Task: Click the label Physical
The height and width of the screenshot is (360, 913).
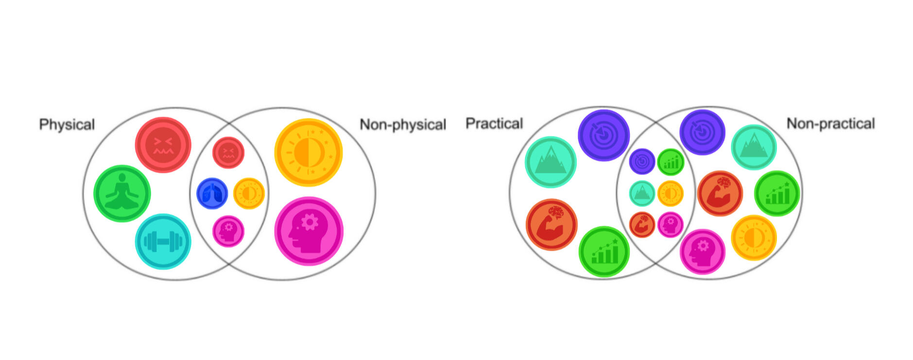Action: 67,125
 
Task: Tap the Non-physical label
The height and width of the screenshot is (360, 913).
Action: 403,125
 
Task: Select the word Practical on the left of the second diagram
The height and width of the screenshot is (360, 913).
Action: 494,124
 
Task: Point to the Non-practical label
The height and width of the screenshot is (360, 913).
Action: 830,124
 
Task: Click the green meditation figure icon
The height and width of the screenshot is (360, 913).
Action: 122,193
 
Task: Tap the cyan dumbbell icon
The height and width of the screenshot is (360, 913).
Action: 163,241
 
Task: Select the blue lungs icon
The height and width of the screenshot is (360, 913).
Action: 212,193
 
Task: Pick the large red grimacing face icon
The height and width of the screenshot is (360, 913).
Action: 163,145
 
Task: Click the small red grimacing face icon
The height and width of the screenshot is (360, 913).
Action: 228,153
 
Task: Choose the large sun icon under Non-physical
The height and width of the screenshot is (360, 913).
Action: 309,153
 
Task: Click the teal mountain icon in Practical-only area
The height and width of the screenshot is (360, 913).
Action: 551,162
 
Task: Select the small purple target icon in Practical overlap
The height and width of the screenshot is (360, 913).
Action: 642,161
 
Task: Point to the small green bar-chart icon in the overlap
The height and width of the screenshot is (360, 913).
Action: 671,162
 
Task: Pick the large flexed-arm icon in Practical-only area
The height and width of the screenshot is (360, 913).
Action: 551,224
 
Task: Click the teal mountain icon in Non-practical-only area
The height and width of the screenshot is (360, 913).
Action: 754,147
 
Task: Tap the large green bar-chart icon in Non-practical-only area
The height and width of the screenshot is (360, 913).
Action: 777,193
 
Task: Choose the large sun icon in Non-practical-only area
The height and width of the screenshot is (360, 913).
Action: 754,238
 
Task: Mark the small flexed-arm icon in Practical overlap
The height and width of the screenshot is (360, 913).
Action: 642,225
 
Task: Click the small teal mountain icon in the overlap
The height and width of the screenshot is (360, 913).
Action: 642,193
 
